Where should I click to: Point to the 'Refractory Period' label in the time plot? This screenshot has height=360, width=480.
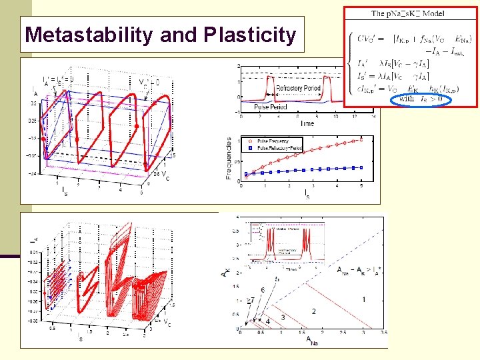pos(299,88)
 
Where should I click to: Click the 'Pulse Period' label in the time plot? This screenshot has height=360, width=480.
pos(271,107)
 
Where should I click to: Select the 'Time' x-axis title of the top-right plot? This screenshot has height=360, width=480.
pos(307,123)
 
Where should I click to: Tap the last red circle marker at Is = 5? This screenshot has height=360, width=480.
pos(362,139)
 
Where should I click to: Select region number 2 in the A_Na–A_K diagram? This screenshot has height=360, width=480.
pos(313,311)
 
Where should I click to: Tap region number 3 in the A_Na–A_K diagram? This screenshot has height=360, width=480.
pos(283,318)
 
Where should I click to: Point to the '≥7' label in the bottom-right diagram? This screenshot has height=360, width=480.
pos(251,301)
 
